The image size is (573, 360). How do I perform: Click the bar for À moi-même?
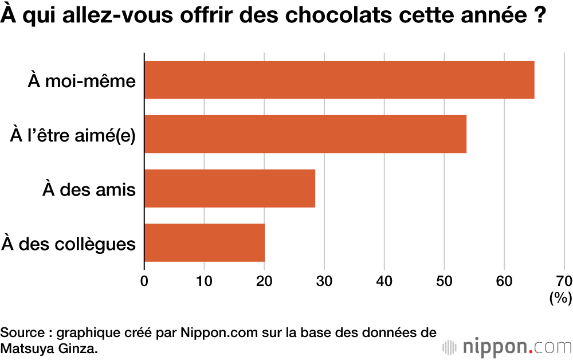coord(339,80)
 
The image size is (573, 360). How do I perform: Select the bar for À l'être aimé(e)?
coord(305,134)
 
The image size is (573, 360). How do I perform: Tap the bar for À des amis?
coord(230,189)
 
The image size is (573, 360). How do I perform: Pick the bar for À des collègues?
coord(205,242)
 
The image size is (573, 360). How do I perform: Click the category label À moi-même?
coord(81,81)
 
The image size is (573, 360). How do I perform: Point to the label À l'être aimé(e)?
coord(73,135)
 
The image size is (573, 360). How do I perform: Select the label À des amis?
coord(89,190)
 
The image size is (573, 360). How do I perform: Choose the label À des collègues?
coord(69,244)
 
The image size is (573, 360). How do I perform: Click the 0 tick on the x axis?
coord(144,280)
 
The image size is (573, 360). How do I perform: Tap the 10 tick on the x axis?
coord(204,280)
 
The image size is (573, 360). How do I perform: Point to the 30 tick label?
coord(324,280)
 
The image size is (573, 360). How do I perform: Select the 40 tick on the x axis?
coord(384,280)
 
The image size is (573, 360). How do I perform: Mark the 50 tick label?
coord(444,280)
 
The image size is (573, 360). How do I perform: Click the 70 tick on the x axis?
coord(564,280)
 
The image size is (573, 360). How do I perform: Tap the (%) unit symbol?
coord(560,298)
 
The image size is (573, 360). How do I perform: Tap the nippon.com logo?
coord(507,347)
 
